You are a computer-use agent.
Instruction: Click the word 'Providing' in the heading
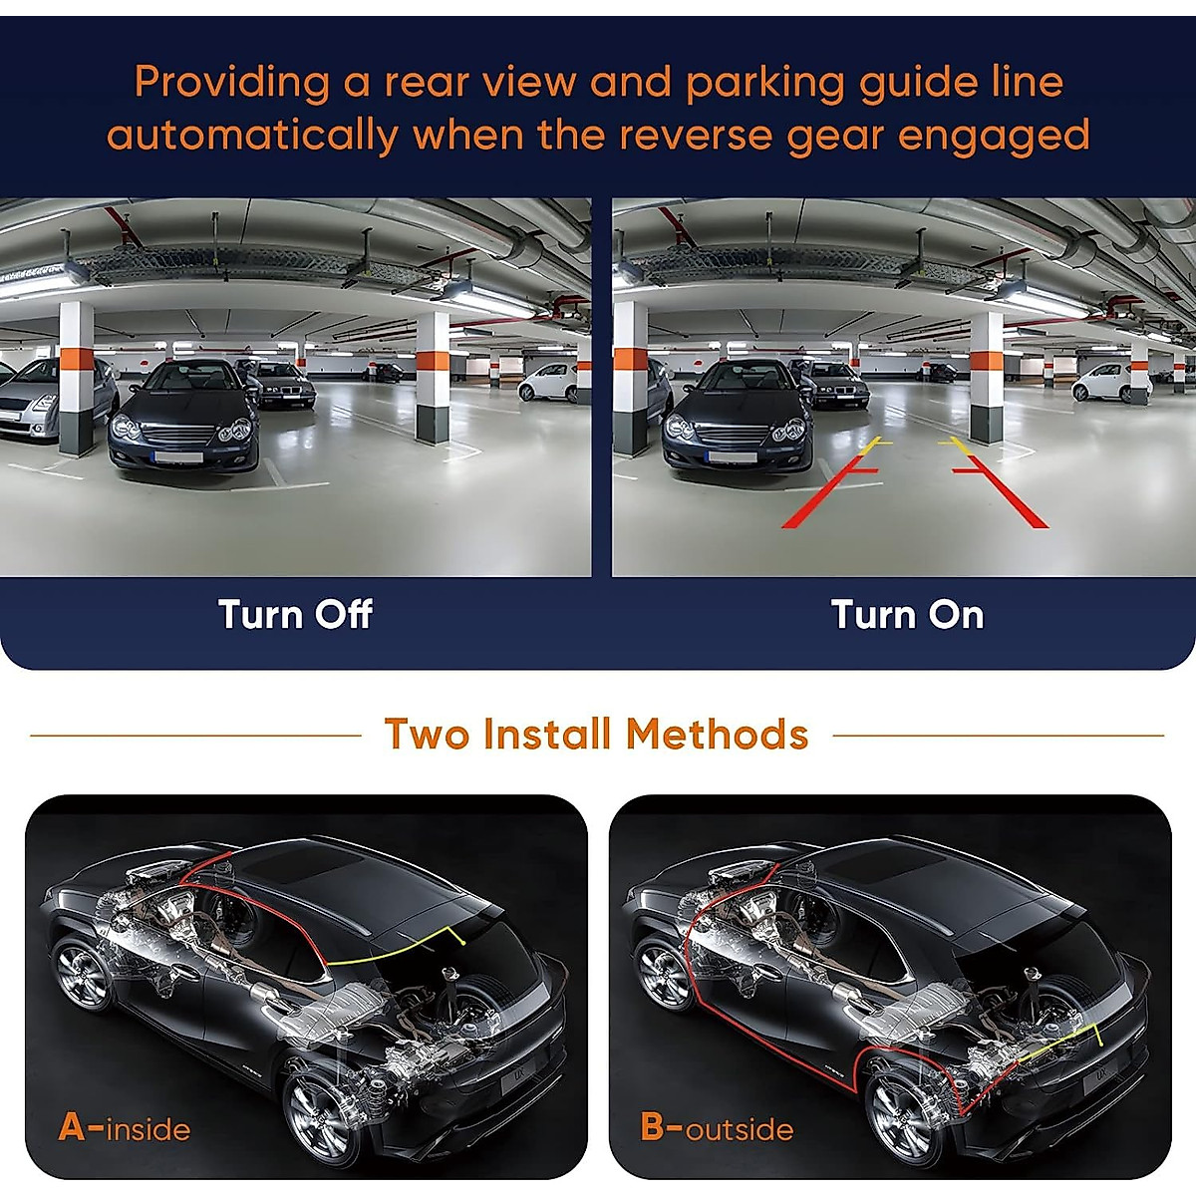tap(231, 82)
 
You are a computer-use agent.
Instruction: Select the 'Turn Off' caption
tap(295, 614)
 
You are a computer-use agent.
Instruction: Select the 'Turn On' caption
tap(907, 614)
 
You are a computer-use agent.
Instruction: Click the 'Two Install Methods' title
tap(596, 735)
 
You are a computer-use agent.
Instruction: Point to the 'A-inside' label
tap(125, 1127)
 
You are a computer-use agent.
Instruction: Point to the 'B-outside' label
tap(717, 1127)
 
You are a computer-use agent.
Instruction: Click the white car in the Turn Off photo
tap(547, 381)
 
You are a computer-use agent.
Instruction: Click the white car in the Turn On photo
tap(1100, 382)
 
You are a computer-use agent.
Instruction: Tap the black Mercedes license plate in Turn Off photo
tap(179, 456)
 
